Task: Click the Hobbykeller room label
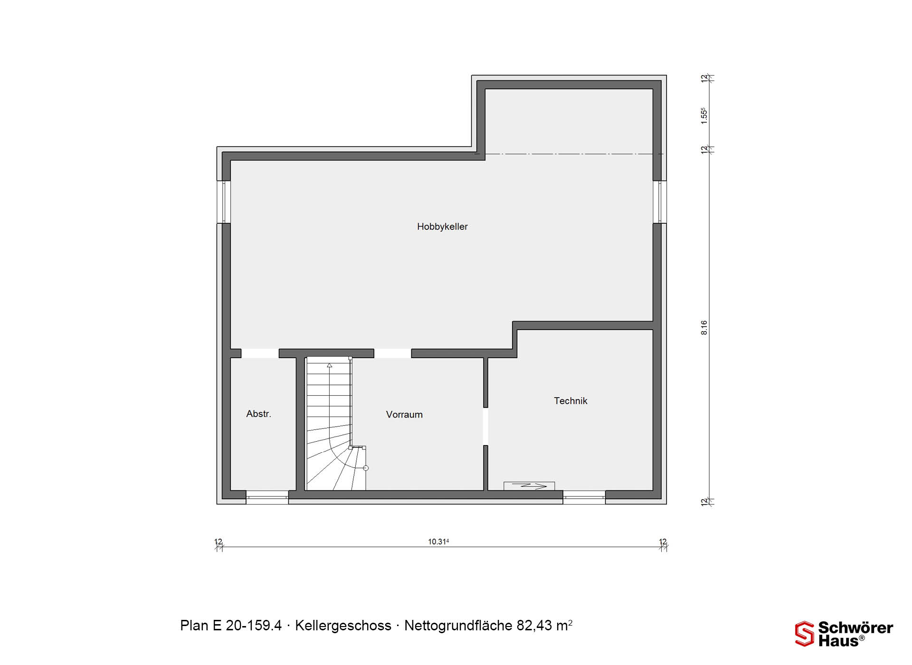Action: [x=442, y=227]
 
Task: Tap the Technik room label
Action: [x=570, y=401]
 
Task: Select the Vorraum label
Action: [x=404, y=415]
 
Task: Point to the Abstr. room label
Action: [x=259, y=414]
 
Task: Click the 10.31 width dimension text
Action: [x=438, y=541]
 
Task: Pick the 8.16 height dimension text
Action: [x=704, y=327]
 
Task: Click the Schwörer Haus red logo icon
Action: [x=805, y=634]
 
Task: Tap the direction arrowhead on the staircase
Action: [x=329, y=365]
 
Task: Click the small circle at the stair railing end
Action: [x=366, y=468]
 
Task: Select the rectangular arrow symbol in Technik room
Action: [x=529, y=486]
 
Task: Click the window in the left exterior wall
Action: [x=224, y=202]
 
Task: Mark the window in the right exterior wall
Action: [x=660, y=202]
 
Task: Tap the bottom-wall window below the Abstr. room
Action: [x=267, y=497]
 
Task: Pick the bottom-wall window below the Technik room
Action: [x=584, y=497]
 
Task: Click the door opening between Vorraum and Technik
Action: [x=485, y=426]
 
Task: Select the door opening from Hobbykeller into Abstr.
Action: [x=260, y=353]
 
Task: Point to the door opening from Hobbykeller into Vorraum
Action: [x=392, y=353]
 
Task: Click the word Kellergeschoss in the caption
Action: [x=343, y=626]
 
